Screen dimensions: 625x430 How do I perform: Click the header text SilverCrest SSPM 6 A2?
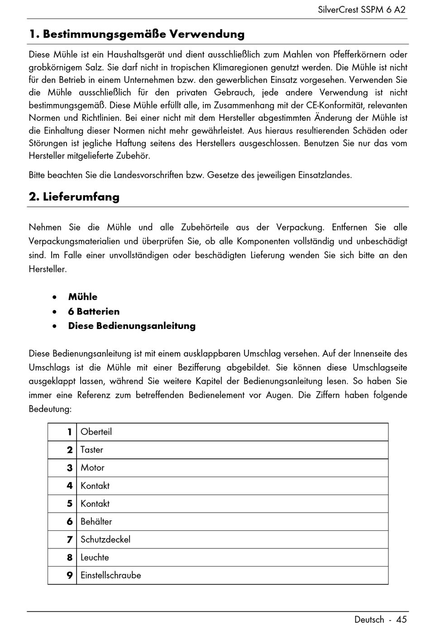[361, 10]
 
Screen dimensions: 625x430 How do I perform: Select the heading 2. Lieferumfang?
[74, 197]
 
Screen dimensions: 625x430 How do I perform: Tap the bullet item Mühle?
[82, 297]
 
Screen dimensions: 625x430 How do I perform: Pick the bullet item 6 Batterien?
[94, 311]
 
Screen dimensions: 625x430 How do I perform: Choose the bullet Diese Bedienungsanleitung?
[132, 326]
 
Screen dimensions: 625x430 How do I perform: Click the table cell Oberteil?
[96, 432]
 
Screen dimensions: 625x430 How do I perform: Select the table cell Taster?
[91, 450]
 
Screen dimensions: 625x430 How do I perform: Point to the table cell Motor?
[92, 468]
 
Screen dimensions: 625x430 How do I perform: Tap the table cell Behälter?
[96, 521]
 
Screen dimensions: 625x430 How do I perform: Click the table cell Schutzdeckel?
[105, 539]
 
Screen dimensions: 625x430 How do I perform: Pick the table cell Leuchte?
[95, 558]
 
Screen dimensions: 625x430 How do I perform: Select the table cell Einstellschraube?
[110, 575]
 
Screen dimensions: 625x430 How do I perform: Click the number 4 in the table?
[69, 486]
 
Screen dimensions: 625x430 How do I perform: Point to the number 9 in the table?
[69, 575]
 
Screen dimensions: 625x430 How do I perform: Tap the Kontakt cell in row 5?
[95, 504]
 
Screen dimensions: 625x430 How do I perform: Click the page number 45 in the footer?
[401, 620]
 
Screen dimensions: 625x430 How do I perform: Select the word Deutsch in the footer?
[369, 620]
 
